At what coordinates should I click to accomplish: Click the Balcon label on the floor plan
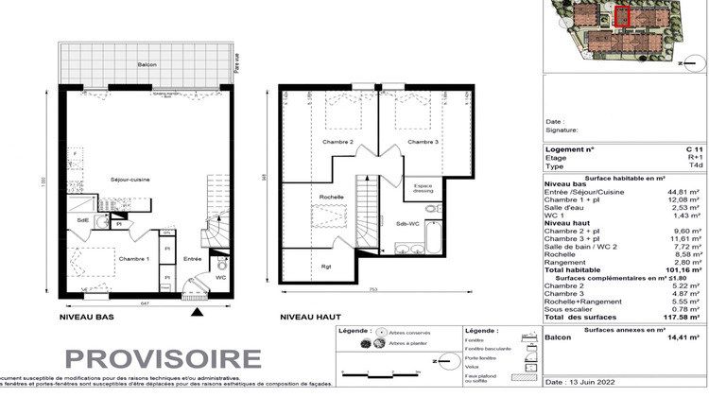pyautogui.click(x=145, y=64)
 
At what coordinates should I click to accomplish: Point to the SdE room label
pyautogui.click(x=83, y=220)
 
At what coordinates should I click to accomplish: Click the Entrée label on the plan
pyautogui.click(x=193, y=258)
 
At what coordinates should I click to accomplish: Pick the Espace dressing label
pyautogui.click(x=423, y=188)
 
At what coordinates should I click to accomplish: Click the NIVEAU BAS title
pyautogui.click(x=87, y=318)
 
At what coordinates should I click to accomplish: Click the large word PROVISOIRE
pyautogui.click(x=164, y=359)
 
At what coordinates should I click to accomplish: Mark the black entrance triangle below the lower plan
pyautogui.click(x=197, y=311)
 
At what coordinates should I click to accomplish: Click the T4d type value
pyautogui.click(x=696, y=165)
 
